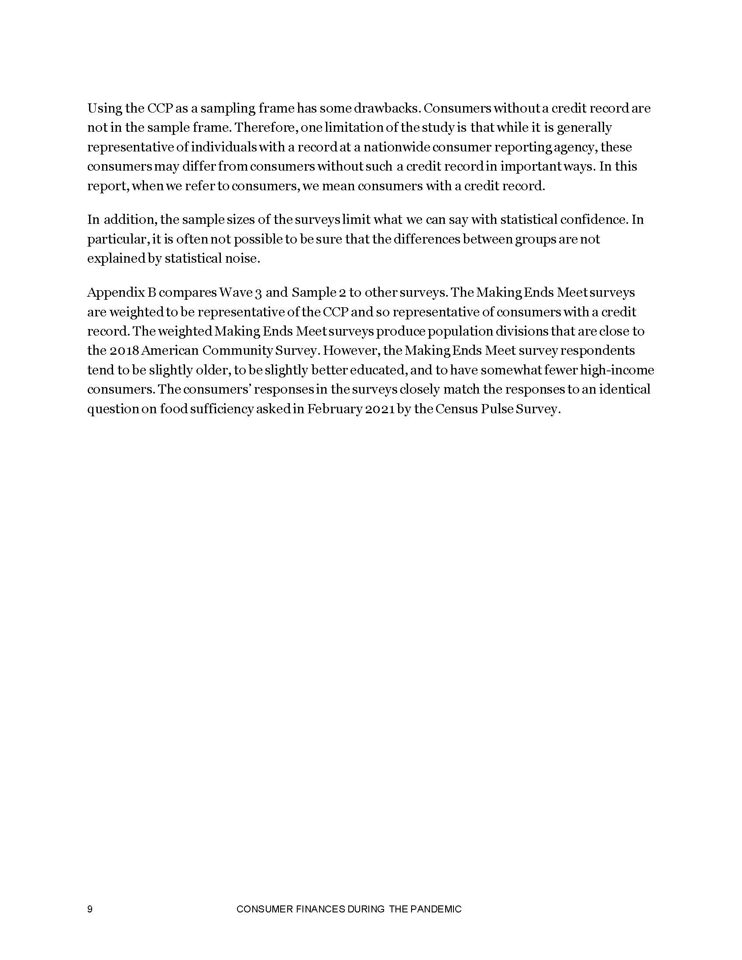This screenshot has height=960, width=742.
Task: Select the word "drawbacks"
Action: click(x=382, y=108)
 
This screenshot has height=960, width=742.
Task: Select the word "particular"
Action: click(x=115, y=240)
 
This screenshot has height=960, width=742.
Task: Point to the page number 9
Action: click(x=89, y=909)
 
